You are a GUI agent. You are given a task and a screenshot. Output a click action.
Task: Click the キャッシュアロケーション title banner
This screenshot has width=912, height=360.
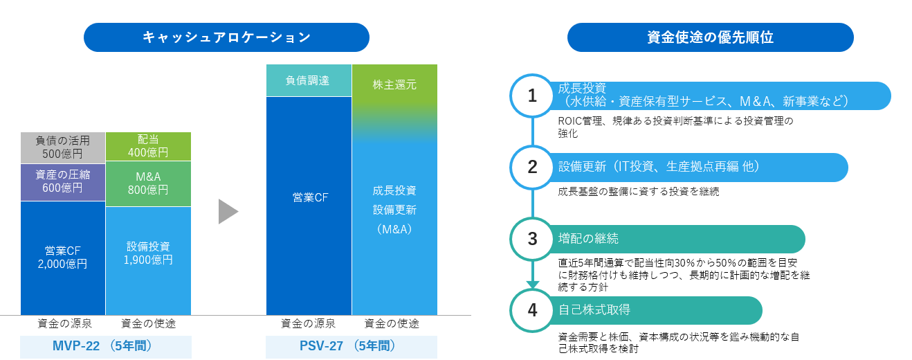(226, 37)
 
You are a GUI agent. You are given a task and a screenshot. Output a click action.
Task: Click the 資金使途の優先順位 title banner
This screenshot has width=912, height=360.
(710, 37)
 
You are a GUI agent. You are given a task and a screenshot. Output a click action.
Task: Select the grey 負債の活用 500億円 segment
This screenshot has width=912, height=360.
(63, 147)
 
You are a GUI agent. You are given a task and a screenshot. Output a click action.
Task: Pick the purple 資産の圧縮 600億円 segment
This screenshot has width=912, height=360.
(63, 182)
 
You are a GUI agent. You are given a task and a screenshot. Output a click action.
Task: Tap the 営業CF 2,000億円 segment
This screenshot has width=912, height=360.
(63, 258)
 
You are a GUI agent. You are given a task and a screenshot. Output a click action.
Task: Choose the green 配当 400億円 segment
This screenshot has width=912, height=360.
(148, 146)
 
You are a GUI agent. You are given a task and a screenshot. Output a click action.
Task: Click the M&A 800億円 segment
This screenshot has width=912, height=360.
(148, 183)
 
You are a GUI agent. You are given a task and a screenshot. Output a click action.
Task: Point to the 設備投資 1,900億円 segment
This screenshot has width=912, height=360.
(148, 260)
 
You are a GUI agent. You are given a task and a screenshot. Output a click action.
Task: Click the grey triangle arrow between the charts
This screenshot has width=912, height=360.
(228, 211)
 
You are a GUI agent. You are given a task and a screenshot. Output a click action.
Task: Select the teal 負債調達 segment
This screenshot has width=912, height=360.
(309, 80)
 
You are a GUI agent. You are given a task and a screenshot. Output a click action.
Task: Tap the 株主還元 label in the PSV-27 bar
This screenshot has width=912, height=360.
(394, 84)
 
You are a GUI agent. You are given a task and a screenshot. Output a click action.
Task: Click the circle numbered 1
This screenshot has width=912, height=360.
(532, 96)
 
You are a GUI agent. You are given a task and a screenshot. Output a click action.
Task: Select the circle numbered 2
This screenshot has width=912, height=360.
(532, 167)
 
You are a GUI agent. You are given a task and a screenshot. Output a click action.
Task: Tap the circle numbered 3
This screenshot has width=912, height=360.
(532, 239)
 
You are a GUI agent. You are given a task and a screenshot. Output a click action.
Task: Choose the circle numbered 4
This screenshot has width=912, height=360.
(532, 310)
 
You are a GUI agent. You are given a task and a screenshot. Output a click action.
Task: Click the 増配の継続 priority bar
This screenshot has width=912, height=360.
(676, 239)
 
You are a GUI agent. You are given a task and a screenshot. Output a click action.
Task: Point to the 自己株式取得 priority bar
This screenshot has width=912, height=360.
(655, 310)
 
